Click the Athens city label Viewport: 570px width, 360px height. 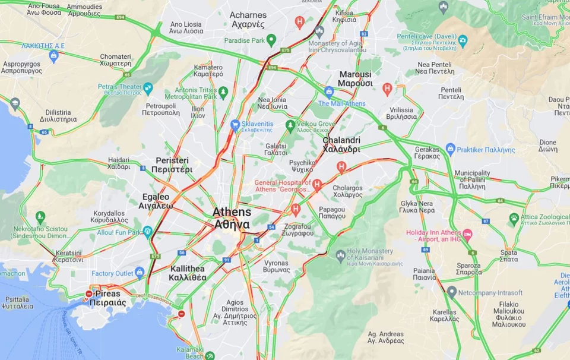point(232,218)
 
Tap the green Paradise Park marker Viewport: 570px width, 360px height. point(271,40)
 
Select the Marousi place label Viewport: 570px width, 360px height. point(355,79)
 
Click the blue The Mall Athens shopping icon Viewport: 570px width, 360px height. point(329,91)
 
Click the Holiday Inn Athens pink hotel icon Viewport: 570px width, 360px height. point(467,235)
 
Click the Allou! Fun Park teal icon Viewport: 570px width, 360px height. point(147,231)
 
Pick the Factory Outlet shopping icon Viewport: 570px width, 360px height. point(140,273)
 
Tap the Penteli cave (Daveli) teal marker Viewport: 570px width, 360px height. point(463,41)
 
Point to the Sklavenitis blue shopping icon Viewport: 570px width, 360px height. point(235,125)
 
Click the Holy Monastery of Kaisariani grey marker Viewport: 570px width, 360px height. point(340,255)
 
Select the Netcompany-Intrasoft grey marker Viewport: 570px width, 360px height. point(452,292)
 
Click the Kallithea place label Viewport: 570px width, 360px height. point(187,273)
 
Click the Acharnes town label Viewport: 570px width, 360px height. point(247,20)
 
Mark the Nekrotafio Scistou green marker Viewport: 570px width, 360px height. point(40,217)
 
